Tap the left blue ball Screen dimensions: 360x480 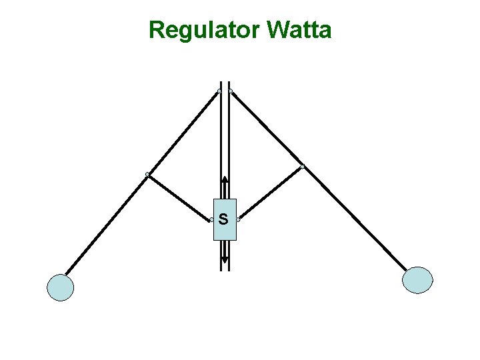tap(60, 287)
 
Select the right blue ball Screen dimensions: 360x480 tap(418, 280)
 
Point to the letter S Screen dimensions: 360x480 tap(223, 219)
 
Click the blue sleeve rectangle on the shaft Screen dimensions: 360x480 tap(225, 230)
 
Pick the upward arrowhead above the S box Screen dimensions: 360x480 tap(225, 179)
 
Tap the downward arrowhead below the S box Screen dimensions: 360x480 tap(225, 261)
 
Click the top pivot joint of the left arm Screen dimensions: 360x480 tap(219, 91)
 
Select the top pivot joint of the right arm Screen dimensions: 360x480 tap(230, 91)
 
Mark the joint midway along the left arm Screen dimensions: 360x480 tap(147, 175)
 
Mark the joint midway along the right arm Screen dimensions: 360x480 tap(302, 167)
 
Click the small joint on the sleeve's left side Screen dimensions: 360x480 tap(211, 220)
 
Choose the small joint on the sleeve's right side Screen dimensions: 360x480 tap(238, 220)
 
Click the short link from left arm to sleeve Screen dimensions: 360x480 tap(179, 197)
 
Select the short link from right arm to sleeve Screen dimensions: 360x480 tap(270, 193)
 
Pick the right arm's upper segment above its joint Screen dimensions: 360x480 tap(266, 129)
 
